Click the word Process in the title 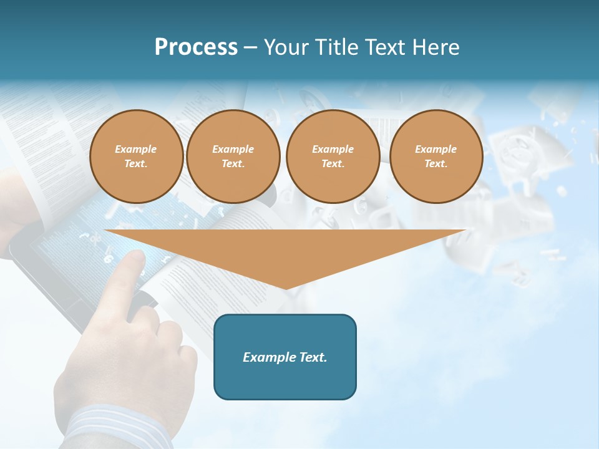click(x=196, y=47)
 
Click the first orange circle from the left click(x=136, y=157)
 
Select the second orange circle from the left click(x=233, y=157)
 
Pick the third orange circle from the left click(x=333, y=157)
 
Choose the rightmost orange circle click(x=436, y=157)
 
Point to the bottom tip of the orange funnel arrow click(x=286, y=288)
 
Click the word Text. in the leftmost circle click(x=136, y=164)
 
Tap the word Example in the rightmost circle click(x=436, y=149)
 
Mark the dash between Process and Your click(x=250, y=48)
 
